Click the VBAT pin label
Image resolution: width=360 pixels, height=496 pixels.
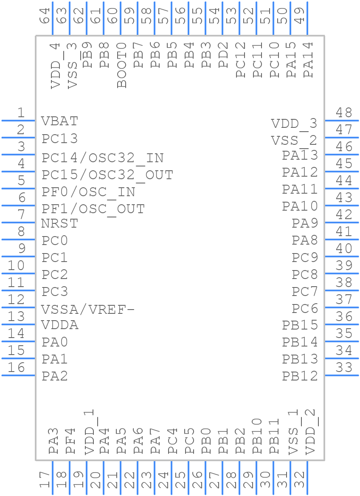[x=60, y=121]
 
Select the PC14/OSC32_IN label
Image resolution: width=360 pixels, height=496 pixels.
[x=103, y=158]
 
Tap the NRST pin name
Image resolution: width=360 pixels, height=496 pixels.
[x=60, y=223]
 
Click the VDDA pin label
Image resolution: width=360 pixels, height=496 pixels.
[x=60, y=325]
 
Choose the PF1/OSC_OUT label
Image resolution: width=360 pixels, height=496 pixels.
[x=93, y=209]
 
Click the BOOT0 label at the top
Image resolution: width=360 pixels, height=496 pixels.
[x=122, y=65]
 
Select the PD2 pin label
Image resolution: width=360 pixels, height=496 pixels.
[x=223, y=55]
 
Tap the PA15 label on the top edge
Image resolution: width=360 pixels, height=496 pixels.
[x=291, y=60]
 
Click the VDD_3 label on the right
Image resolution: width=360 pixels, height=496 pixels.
[x=294, y=124]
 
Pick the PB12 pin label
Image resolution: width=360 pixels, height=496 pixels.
[x=300, y=376]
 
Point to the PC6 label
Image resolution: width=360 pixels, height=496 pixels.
[x=305, y=308]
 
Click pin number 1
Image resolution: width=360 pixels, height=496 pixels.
[x=20, y=113]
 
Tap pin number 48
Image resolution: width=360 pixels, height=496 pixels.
[x=344, y=113]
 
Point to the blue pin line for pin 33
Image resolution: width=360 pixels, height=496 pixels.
[x=342, y=375]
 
